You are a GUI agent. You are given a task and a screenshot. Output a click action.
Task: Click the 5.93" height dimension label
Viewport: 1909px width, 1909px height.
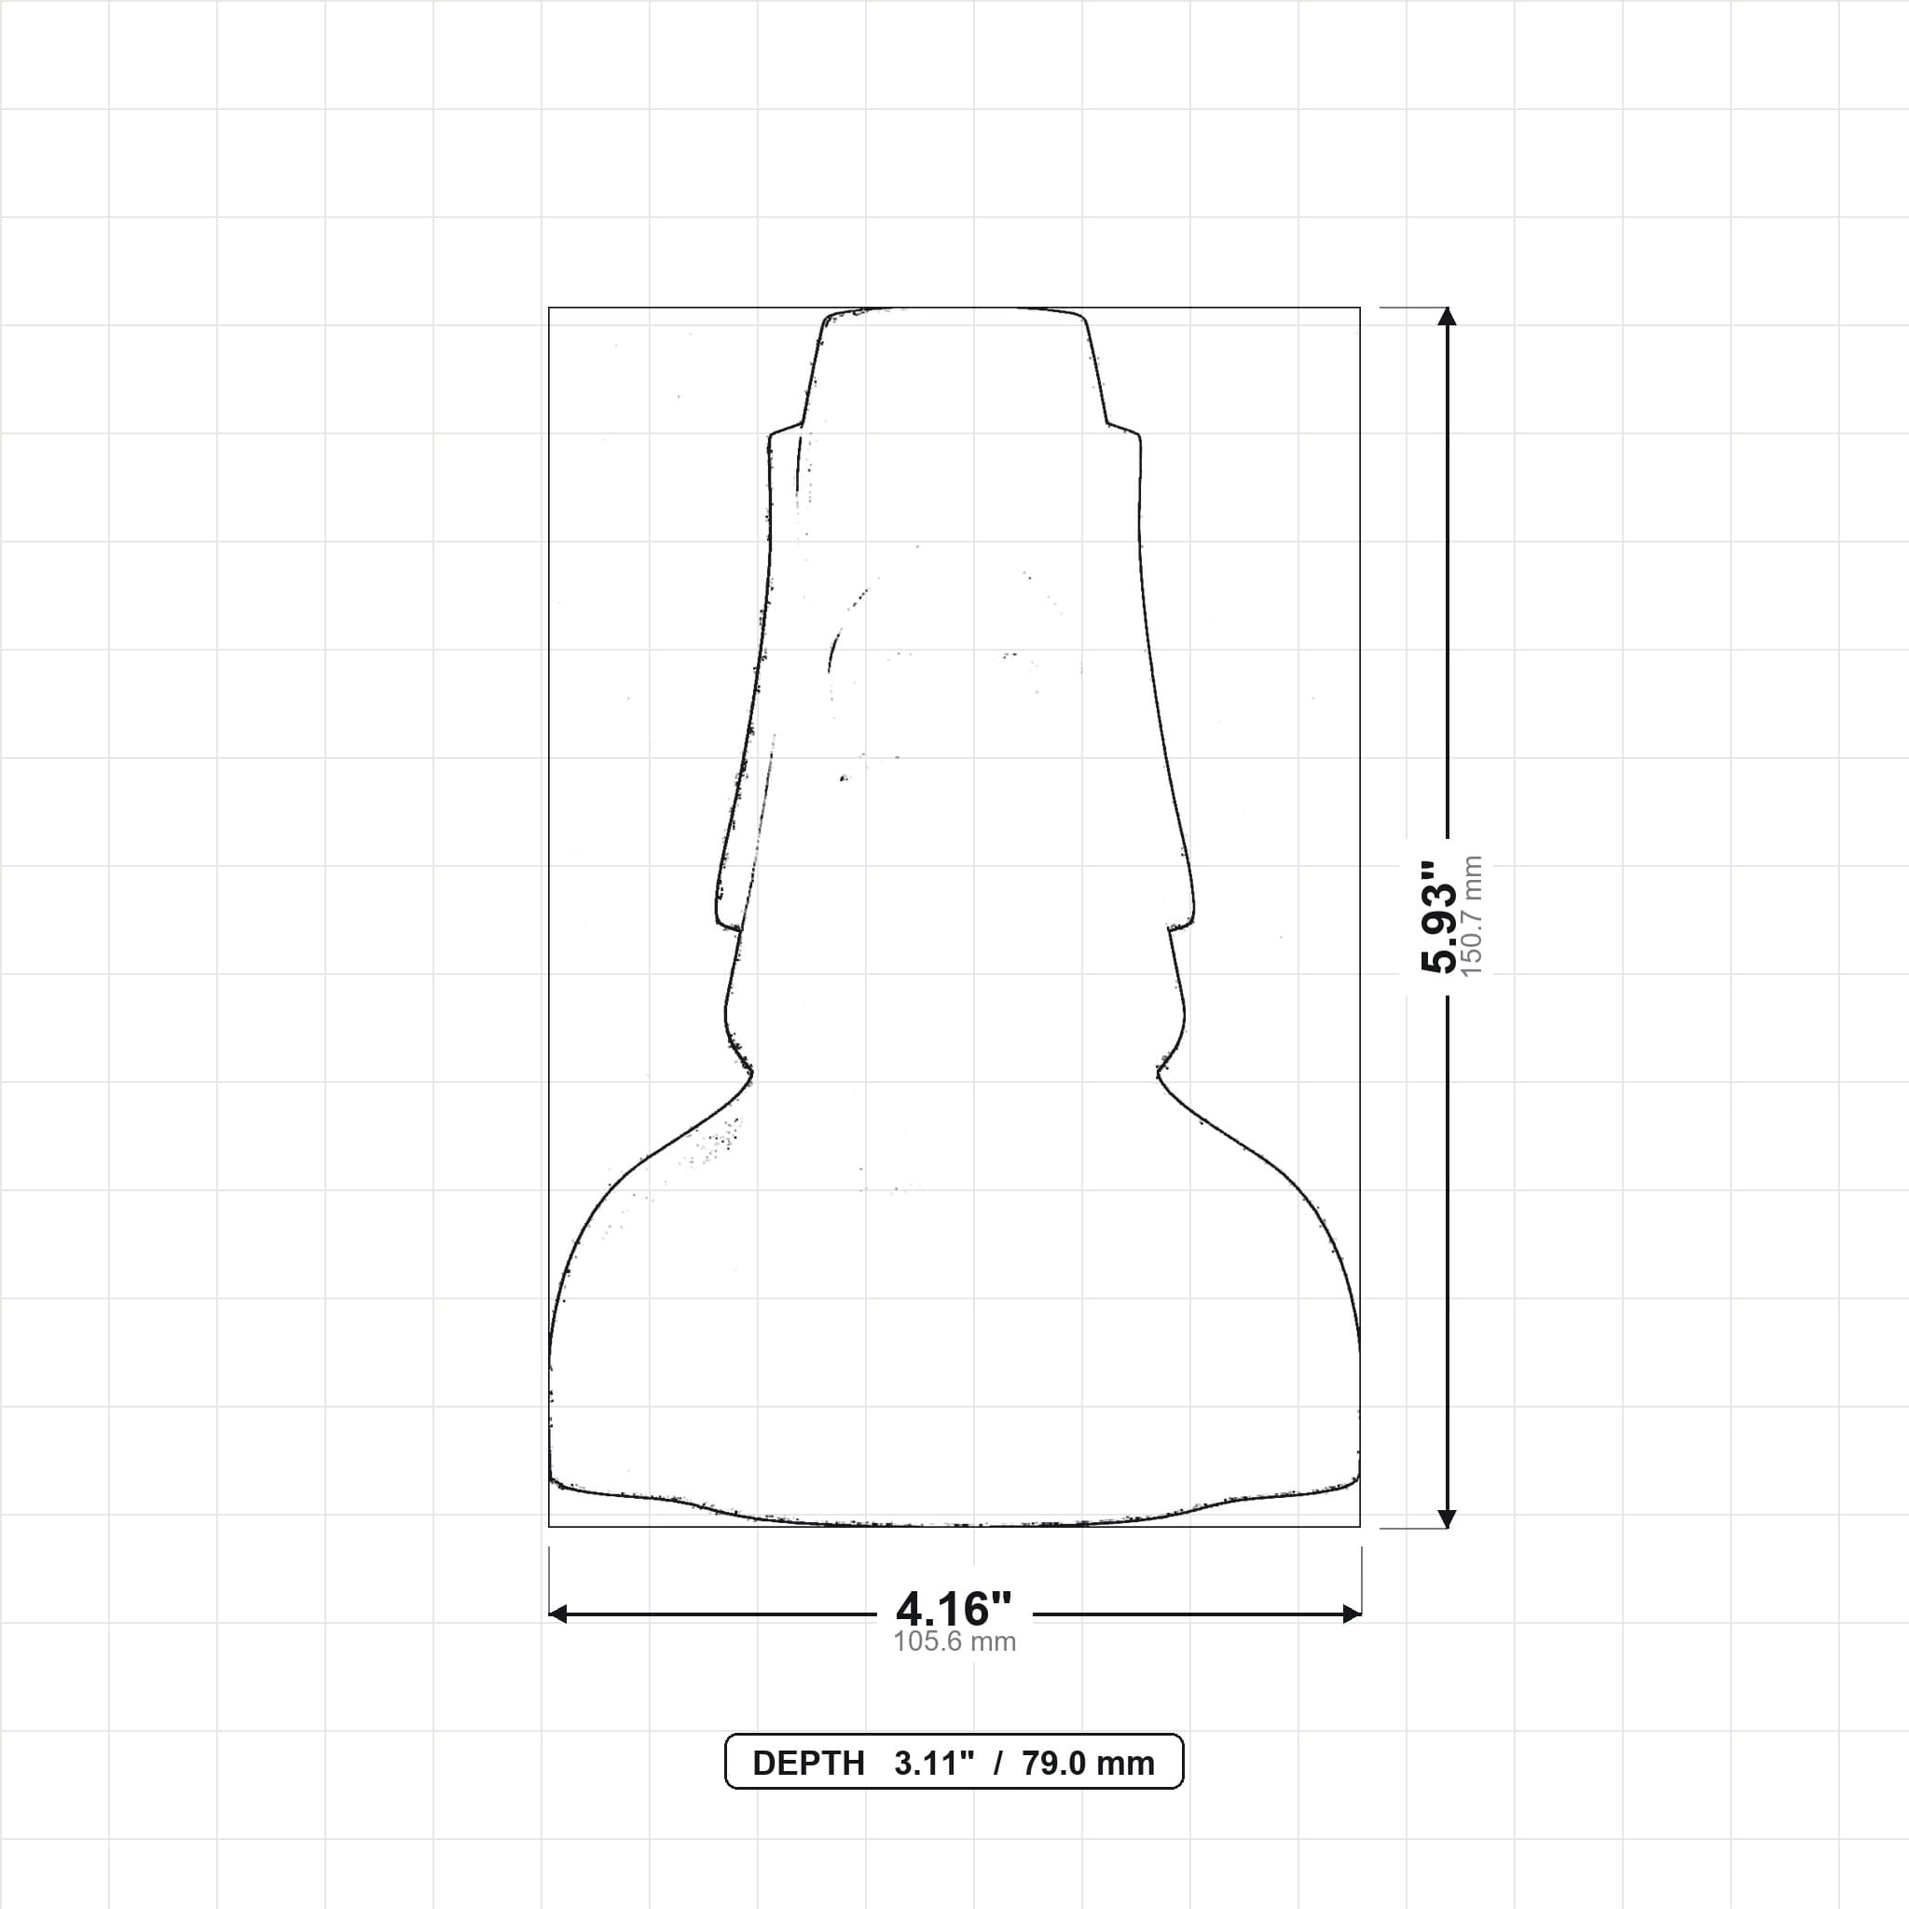pyautogui.click(x=1437, y=917)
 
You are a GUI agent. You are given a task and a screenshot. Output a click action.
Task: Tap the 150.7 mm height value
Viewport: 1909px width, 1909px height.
pyautogui.click(x=1472, y=917)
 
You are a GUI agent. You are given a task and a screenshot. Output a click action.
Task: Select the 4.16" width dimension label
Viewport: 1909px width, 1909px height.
pyautogui.click(x=954, y=1610)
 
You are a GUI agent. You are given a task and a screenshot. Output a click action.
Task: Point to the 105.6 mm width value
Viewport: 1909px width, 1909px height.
pyautogui.click(x=954, y=1642)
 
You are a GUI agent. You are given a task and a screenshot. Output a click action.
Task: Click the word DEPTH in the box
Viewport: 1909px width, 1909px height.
pyautogui.click(x=808, y=1764)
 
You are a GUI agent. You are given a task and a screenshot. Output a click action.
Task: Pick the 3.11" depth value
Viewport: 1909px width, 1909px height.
pyautogui.click(x=934, y=1764)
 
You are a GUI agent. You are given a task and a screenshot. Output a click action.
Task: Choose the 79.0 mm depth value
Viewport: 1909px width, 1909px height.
pyautogui.click(x=1088, y=1764)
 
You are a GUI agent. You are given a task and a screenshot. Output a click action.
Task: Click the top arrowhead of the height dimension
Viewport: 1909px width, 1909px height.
pyautogui.click(x=1448, y=316)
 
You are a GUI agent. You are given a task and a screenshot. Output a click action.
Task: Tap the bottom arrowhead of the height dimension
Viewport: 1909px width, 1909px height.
pyautogui.click(x=1448, y=1518)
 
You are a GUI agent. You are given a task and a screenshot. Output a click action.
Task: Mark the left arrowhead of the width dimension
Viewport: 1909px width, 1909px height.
pyautogui.click(x=558, y=1614)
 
